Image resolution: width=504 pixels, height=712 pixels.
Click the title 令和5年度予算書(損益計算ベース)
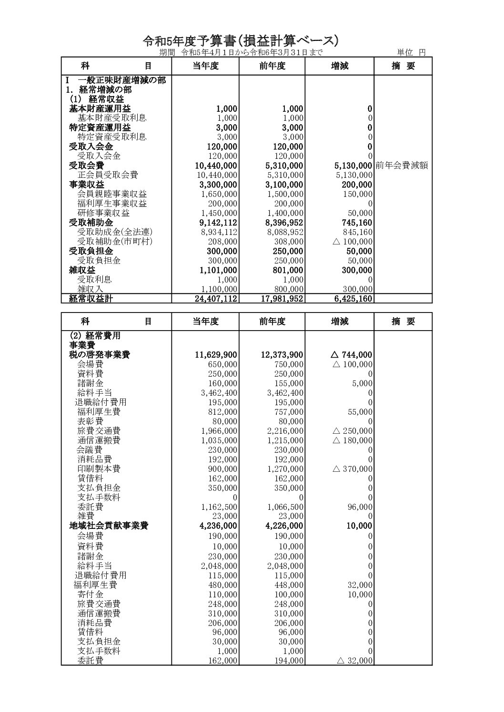click(x=241, y=41)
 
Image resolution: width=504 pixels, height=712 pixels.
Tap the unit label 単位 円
click(x=412, y=52)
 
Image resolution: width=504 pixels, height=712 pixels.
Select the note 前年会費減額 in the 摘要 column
click(x=401, y=166)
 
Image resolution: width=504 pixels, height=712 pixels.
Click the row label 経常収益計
click(x=91, y=299)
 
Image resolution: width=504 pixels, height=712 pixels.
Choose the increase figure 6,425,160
click(x=350, y=299)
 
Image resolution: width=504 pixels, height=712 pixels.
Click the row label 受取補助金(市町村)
click(x=111, y=242)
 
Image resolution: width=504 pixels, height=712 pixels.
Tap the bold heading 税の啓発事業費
click(x=100, y=355)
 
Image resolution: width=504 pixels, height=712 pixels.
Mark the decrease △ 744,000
click(x=352, y=355)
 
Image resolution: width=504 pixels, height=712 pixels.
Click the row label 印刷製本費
click(x=99, y=469)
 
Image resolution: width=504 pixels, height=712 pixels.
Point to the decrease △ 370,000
click(x=353, y=469)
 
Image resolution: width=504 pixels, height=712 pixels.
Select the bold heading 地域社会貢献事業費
click(x=108, y=526)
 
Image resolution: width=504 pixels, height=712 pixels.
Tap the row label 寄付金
click(x=90, y=595)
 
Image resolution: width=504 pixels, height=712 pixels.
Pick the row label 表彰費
click(x=90, y=421)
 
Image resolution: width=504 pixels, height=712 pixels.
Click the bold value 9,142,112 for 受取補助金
click(x=217, y=223)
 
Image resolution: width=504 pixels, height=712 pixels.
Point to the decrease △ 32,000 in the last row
click(x=354, y=661)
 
